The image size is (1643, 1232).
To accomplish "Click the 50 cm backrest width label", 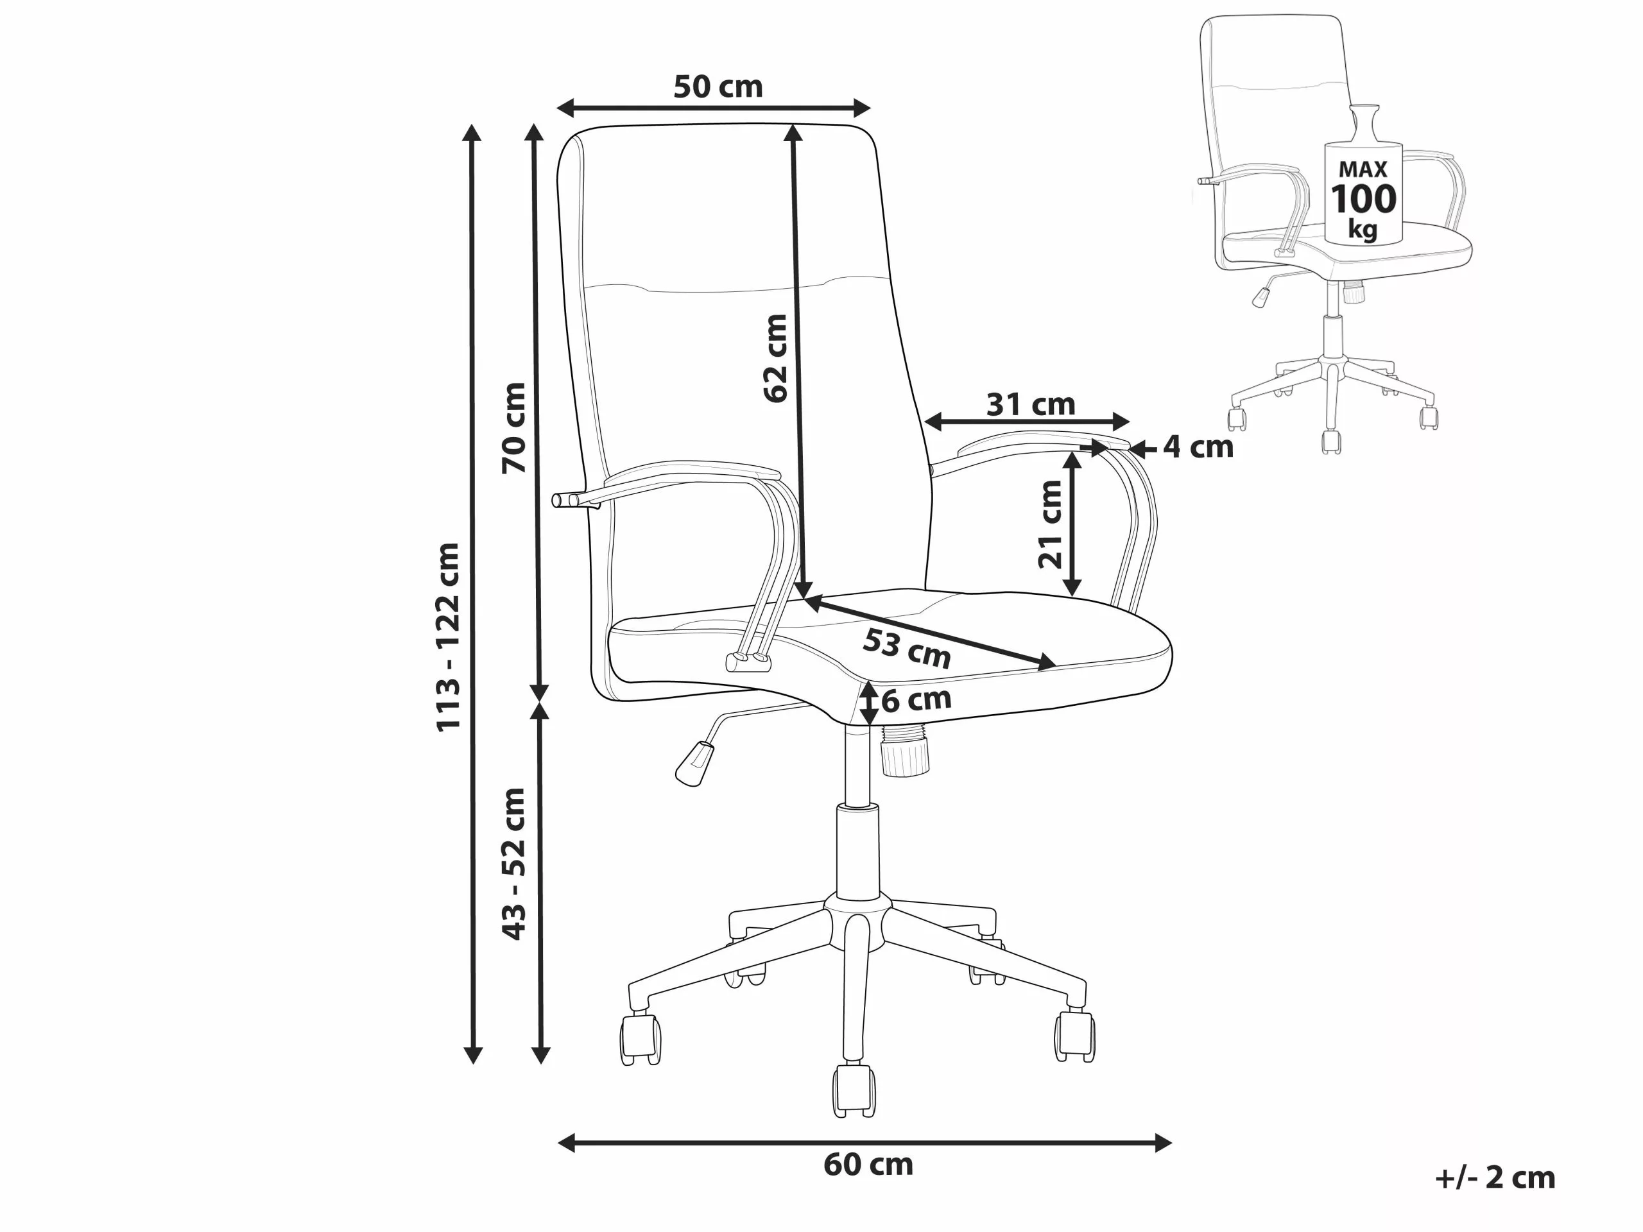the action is tap(718, 87).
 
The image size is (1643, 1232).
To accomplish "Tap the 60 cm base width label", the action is tap(868, 1164).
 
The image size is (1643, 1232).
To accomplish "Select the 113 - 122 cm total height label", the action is tap(448, 638).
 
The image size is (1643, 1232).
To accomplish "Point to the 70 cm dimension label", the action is tap(513, 428).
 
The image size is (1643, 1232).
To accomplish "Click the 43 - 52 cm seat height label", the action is tap(513, 864).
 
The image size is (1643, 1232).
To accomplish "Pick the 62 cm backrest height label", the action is tap(775, 359).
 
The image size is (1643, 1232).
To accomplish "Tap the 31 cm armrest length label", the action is tap(1030, 405).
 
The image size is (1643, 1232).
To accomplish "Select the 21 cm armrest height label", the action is tap(1050, 524).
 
